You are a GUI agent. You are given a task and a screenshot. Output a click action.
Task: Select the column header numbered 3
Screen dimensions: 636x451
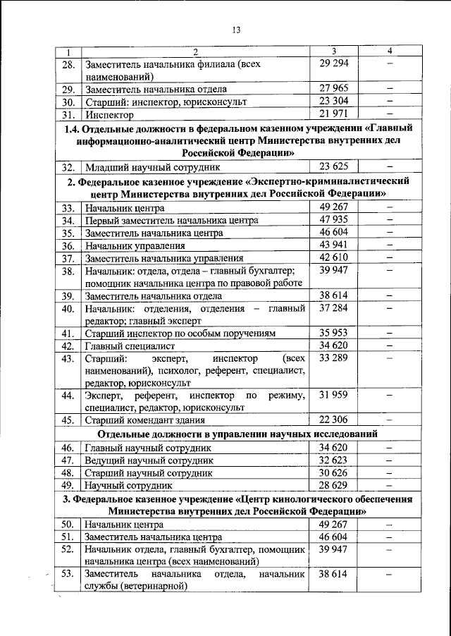[x=334, y=51]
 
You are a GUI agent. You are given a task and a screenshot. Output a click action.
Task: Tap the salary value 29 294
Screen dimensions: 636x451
[x=334, y=63]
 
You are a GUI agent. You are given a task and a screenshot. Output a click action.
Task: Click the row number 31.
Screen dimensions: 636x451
[x=68, y=114]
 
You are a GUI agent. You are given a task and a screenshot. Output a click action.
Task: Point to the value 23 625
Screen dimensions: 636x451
[x=334, y=167]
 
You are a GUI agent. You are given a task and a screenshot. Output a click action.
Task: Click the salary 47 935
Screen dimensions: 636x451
[x=334, y=220]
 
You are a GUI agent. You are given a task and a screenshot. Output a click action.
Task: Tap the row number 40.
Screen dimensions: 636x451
[x=68, y=308]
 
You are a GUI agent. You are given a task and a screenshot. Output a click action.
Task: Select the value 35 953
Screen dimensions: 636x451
[x=334, y=333]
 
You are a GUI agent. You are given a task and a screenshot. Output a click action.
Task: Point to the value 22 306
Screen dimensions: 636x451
[x=334, y=420]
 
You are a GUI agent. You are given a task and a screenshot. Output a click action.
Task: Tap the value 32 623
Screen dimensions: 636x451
[x=334, y=459]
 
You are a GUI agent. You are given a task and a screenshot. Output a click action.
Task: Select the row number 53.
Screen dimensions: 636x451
[x=68, y=574]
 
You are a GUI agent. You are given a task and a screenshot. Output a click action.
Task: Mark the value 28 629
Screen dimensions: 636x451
[x=334, y=485]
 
